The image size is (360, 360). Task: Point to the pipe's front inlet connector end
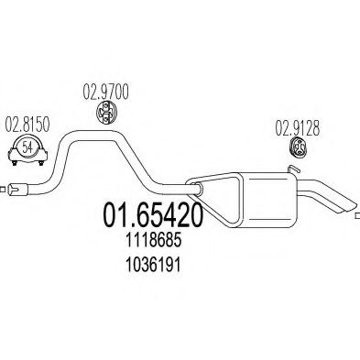(x=26, y=191)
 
